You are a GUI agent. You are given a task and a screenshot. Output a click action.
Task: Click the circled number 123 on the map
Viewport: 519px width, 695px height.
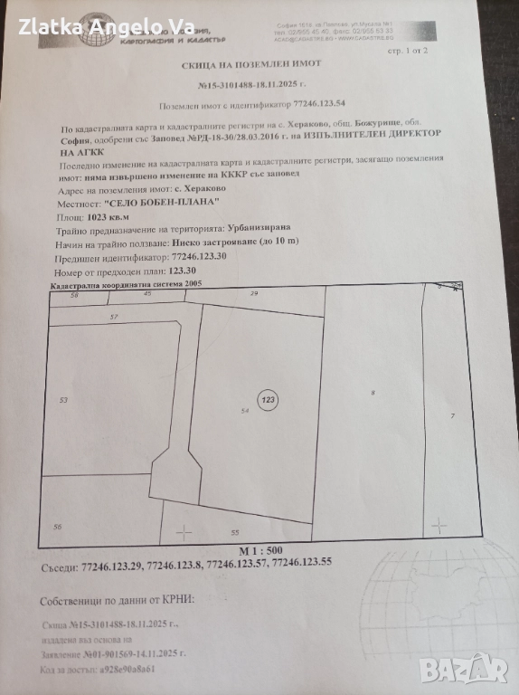point(268,399)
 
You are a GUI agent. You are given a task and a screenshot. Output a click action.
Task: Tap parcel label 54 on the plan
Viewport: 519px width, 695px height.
point(244,411)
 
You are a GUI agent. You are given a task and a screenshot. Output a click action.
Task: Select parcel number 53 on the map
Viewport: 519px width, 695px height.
point(63,399)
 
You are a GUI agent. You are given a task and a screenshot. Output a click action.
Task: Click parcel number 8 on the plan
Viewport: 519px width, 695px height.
point(372,391)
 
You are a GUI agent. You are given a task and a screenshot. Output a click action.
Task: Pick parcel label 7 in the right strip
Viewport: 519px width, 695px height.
point(452,414)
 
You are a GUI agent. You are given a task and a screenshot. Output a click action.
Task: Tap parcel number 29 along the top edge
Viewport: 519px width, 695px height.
point(254,294)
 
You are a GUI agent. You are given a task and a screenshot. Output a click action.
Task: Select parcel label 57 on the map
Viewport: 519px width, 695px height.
point(114,318)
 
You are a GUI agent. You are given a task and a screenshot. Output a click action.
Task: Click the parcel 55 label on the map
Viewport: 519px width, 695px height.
point(234,531)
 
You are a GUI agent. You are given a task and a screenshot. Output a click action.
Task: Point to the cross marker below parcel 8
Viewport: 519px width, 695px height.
point(439,524)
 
